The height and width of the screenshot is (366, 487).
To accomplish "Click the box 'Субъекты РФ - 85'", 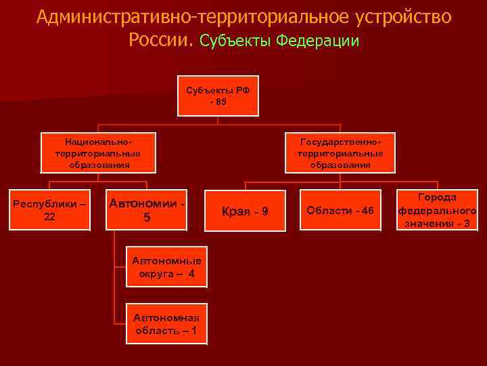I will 217,96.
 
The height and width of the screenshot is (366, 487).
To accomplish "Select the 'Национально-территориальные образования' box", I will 98,154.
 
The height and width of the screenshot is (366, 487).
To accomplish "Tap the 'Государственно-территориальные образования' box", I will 340,154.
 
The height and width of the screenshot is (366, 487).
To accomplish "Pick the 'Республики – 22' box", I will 49,209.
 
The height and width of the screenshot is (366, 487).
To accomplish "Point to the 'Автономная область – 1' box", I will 166,324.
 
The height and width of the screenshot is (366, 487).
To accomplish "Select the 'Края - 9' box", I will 245,211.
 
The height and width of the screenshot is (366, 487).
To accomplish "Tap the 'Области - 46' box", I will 340,210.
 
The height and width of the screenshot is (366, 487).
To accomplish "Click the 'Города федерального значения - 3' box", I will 437,210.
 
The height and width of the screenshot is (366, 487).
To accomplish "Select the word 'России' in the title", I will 161,41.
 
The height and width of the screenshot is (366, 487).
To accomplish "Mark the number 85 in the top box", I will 221,102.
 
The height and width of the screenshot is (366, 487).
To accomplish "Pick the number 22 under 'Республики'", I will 49,216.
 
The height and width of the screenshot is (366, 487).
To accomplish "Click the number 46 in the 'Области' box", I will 367,210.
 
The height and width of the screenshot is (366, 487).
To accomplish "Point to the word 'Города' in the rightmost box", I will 437,197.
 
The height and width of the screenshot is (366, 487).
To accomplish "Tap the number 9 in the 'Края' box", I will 264,211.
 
